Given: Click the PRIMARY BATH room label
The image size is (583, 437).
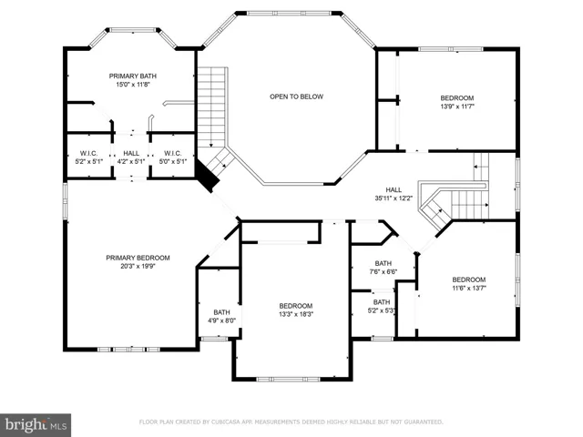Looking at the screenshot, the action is tap(133, 76).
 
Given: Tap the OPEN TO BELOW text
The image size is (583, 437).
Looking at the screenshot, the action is tap(296, 97).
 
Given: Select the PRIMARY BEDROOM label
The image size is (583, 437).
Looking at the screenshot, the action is tap(138, 258).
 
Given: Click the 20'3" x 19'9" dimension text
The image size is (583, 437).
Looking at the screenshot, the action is tap(138, 266).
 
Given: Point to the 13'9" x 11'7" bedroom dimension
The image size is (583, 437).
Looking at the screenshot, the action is tap(457, 107).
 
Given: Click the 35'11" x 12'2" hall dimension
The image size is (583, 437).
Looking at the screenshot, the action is tap(394, 198).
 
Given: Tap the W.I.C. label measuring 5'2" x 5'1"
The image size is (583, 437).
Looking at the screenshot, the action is tap(89, 154).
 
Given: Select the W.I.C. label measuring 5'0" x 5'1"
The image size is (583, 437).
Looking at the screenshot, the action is tap(173, 154).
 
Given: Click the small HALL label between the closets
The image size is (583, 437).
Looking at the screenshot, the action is tap(131, 154).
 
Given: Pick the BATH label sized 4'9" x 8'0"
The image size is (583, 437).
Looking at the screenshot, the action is tap(221, 312).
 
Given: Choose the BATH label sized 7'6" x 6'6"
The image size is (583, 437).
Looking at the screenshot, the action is tap(383, 263).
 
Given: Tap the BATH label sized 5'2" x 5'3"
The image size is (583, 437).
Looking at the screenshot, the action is tap(382, 302).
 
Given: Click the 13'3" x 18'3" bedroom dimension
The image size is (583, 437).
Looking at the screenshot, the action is tap(296, 314).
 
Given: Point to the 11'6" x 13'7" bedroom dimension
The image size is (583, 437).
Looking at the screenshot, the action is tap(469, 288).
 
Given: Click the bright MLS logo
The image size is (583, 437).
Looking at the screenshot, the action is tap(36, 425).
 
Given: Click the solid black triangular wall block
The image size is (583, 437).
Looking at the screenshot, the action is tap(207, 176).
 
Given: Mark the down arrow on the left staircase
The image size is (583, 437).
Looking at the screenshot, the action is tap(211, 145).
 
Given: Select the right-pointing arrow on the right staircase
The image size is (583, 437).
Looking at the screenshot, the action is tap(486, 205).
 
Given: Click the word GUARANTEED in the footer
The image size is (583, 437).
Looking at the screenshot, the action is tap(424, 422).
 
